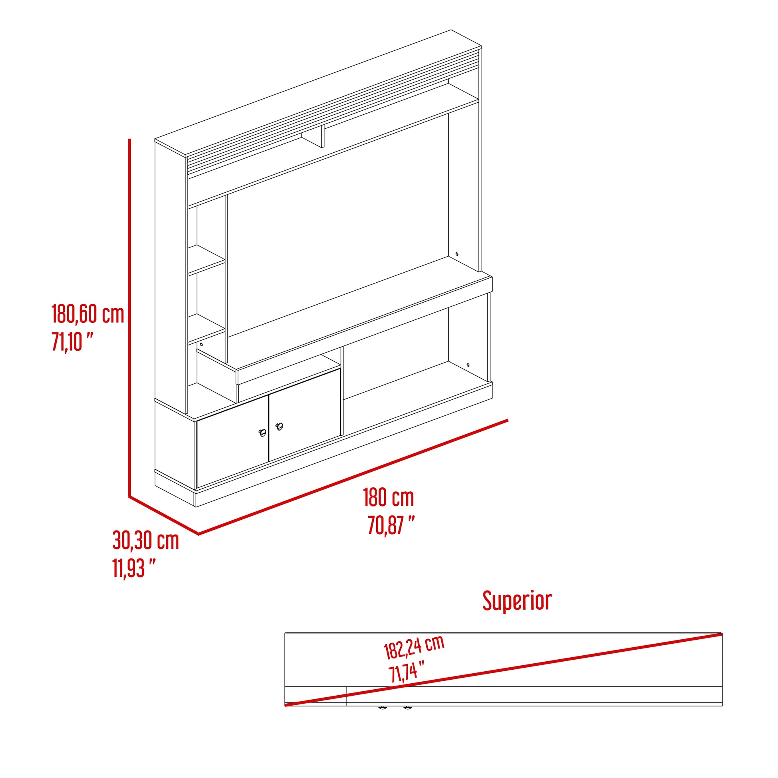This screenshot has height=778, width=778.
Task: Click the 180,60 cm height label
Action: click(x=88, y=314)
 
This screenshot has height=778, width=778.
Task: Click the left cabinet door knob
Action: click(x=263, y=433)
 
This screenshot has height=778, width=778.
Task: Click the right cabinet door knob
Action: click(x=279, y=426)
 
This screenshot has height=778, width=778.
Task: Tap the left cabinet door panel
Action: click(x=232, y=442)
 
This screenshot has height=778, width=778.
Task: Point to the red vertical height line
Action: click(x=129, y=318)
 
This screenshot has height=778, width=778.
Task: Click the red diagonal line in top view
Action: click(x=503, y=669)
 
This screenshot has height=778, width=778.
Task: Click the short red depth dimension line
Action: click(x=164, y=515)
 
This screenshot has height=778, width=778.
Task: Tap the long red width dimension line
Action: click(x=353, y=477)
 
